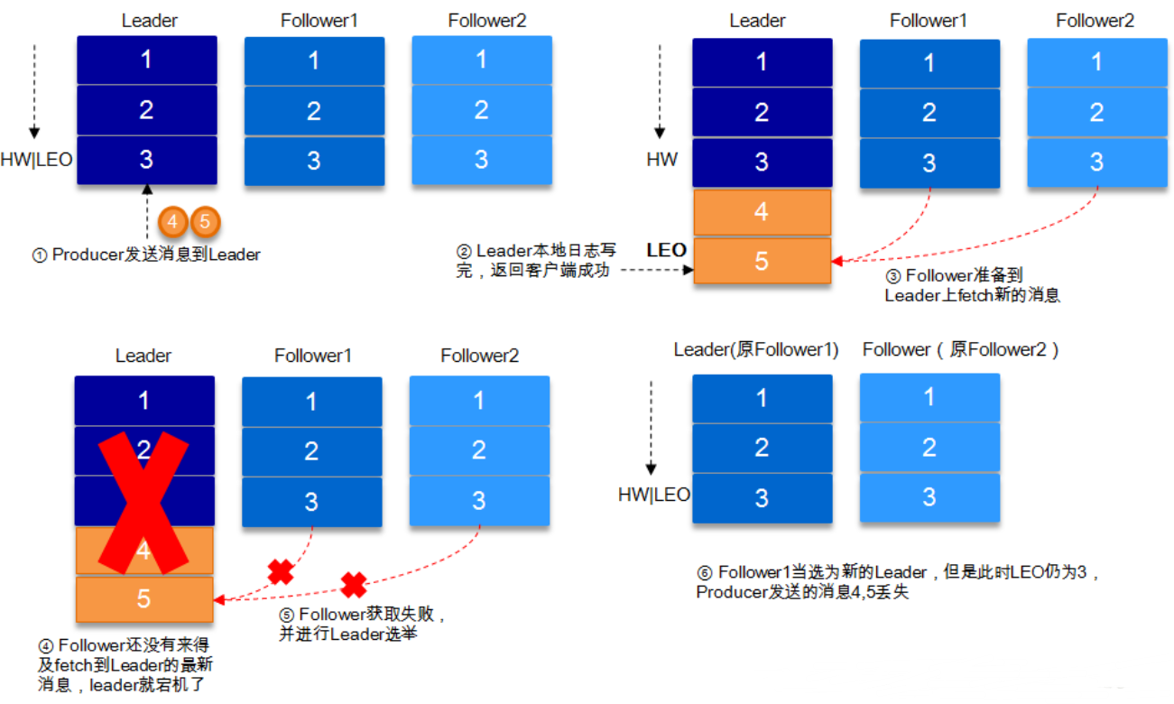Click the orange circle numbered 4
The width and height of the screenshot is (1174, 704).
pyautogui.click(x=173, y=220)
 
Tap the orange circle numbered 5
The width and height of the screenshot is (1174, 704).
pyautogui.click(x=205, y=220)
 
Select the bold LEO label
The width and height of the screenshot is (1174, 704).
pyautogui.click(x=666, y=250)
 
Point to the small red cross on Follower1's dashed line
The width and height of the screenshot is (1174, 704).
pyautogui.click(x=281, y=571)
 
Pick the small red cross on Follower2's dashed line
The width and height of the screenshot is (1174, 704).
pyautogui.click(x=353, y=585)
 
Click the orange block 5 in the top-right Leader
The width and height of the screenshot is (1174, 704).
pyautogui.click(x=762, y=261)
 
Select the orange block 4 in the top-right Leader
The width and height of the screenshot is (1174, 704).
pyautogui.click(x=762, y=212)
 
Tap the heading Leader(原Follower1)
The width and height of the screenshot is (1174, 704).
pyautogui.click(x=756, y=350)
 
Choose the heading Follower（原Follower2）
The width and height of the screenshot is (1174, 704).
pyautogui.click(x=960, y=350)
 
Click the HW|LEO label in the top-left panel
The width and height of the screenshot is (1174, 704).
pyautogui.click(x=37, y=160)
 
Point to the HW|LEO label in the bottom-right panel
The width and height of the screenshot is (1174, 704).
pyautogui.click(x=653, y=495)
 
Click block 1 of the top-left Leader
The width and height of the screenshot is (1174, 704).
pyautogui.click(x=146, y=60)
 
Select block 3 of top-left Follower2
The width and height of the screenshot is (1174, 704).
pyautogui.click(x=481, y=160)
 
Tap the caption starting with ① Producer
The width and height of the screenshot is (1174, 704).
pyautogui.click(x=146, y=255)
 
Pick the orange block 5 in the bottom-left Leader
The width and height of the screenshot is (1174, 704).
pyautogui.click(x=144, y=599)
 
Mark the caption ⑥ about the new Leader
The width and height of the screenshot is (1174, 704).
pyautogui.click(x=898, y=582)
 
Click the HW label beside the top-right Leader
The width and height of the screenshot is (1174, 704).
pyautogui.click(x=661, y=160)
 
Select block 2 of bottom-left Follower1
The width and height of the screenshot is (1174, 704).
pyautogui.click(x=311, y=450)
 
